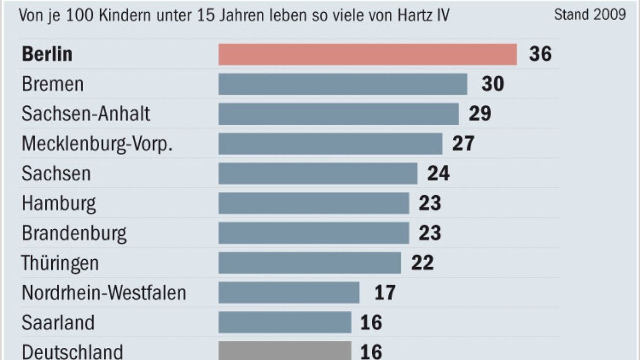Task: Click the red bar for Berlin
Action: pos(367,54)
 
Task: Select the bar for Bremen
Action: pos(342,84)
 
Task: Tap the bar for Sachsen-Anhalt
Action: pos(339,114)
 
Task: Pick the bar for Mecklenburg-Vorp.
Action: pos(330,144)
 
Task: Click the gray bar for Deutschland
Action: pos(285,351)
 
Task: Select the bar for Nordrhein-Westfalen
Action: pos(289,293)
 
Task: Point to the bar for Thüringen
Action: pos(309,263)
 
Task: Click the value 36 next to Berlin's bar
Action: pos(540,54)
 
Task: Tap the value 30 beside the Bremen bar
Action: pos(492,84)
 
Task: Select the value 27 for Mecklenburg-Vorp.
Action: pos(462,144)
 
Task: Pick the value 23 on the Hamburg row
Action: pos(429,203)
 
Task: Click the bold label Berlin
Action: pos(47,55)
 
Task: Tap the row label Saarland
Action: pos(58,323)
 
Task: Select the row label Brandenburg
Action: pos(74,233)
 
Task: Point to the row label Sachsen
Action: pos(56,174)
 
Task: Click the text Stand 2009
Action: pos(589,15)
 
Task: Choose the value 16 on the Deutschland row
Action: pos(371,352)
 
